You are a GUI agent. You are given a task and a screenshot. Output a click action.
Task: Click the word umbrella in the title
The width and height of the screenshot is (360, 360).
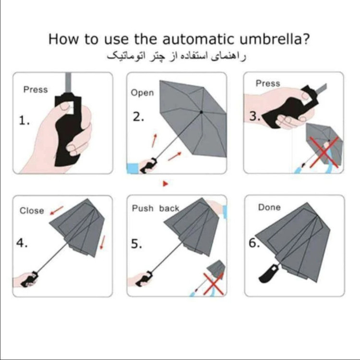(x=275, y=39)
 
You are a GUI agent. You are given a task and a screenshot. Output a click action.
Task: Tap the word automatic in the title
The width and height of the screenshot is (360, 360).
(x=199, y=39)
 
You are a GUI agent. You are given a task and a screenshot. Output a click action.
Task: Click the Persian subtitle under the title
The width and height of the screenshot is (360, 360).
(x=176, y=57)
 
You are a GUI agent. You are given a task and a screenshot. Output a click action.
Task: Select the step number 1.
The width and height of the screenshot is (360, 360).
(x=24, y=120)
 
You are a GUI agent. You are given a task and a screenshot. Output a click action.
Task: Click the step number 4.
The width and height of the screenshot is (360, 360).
(x=22, y=243)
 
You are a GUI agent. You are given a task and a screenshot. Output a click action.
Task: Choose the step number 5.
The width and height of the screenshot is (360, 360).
(x=136, y=244)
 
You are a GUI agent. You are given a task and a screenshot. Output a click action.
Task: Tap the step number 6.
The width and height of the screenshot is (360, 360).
(x=254, y=243)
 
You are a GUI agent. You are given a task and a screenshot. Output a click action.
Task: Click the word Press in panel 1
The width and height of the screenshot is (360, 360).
(x=36, y=90)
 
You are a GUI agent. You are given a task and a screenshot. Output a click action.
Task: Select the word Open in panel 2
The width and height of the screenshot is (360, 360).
(x=142, y=93)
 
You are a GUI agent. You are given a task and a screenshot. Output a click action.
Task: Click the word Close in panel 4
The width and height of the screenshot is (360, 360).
(x=32, y=211)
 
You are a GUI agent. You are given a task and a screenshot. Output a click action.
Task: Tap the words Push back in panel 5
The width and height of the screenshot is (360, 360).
(x=156, y=208)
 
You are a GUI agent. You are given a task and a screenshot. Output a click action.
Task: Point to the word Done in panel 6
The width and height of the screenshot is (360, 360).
(x=269, y=207)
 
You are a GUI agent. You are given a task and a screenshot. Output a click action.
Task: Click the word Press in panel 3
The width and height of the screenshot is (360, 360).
(x=268, y=84)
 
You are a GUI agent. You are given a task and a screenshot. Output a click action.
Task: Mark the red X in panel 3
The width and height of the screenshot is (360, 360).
(x=324, y=152)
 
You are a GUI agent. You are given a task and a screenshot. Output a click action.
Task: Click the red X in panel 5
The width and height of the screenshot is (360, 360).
(x=214, y=284)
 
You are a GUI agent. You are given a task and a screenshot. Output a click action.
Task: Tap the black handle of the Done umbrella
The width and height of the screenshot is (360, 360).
(x=268, y=274)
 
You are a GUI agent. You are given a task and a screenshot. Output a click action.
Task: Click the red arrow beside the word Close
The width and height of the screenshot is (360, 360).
(x=57, y=210)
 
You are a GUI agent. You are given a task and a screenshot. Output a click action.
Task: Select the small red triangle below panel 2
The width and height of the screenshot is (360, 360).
(x=166, y=184)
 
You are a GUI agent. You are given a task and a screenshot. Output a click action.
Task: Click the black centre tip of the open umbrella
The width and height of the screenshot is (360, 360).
(x=201, y=112)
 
